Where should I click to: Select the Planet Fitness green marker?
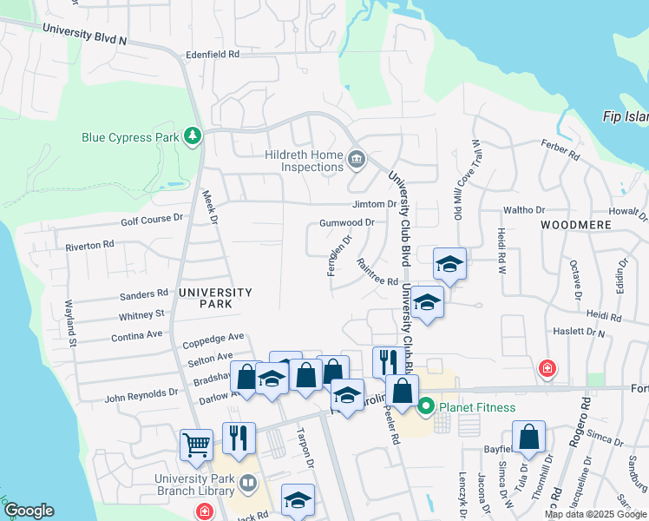[x=426, y=406]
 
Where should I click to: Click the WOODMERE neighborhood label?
[x=575, y=224]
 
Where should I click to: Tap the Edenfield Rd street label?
[x=212, y=54]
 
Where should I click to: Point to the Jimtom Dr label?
[x=374, y=205]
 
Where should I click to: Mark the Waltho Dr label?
[x=524, y=210]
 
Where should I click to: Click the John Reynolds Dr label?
[x=141, y=393]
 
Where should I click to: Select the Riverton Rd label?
[x=90, y=247]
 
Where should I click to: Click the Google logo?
[x=29, y=511]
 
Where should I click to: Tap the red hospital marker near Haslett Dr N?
[x=547, y=368]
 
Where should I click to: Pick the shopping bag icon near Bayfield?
[x=528, y=438]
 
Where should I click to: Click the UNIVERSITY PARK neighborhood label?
[x=214, y=298]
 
